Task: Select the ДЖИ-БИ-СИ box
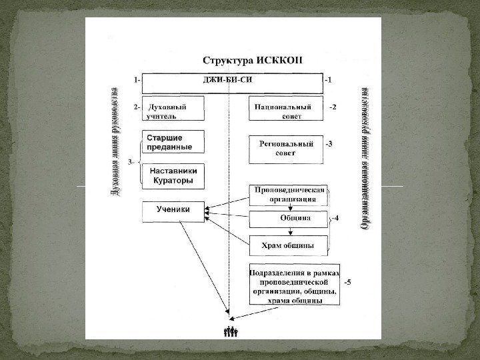point(233,83)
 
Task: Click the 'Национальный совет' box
point(287,111)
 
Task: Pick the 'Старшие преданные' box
point(173,143)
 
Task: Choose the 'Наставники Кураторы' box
point(173,176)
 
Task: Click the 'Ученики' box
point(173,211)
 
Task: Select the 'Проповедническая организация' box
point(287,194)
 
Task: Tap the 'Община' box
point(287,218)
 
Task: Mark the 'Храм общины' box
point(287,245)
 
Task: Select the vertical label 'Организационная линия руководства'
point(365,158)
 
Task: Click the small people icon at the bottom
point(231,331)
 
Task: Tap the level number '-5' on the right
point(347,281)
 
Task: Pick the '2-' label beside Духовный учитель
point(136,106)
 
